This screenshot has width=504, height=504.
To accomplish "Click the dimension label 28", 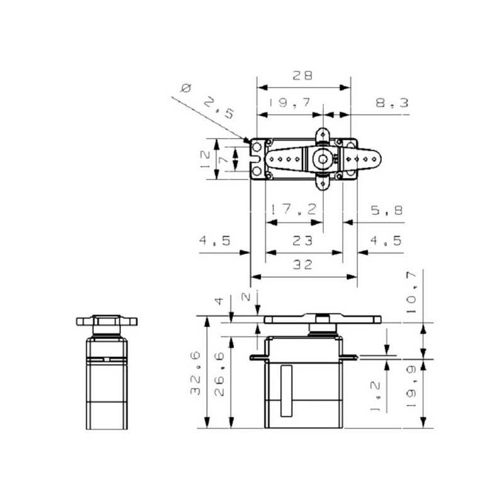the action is tap(302, 76).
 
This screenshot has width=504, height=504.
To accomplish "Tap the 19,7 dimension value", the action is tap(290, 103).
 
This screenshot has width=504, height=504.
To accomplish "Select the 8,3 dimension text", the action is tap(392, 103).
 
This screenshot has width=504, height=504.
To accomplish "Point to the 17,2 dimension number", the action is tap(294, 210).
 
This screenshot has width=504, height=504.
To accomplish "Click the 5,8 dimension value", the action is tap(387, 210).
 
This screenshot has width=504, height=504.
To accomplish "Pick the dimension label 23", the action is tap(302, 241).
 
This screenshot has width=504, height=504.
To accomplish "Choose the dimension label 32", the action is tap(302, 265).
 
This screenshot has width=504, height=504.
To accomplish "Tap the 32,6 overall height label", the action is tap(195, 373).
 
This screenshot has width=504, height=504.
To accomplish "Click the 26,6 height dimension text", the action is tap(219, 374).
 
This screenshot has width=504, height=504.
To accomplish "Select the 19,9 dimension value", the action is tap(411, 386).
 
